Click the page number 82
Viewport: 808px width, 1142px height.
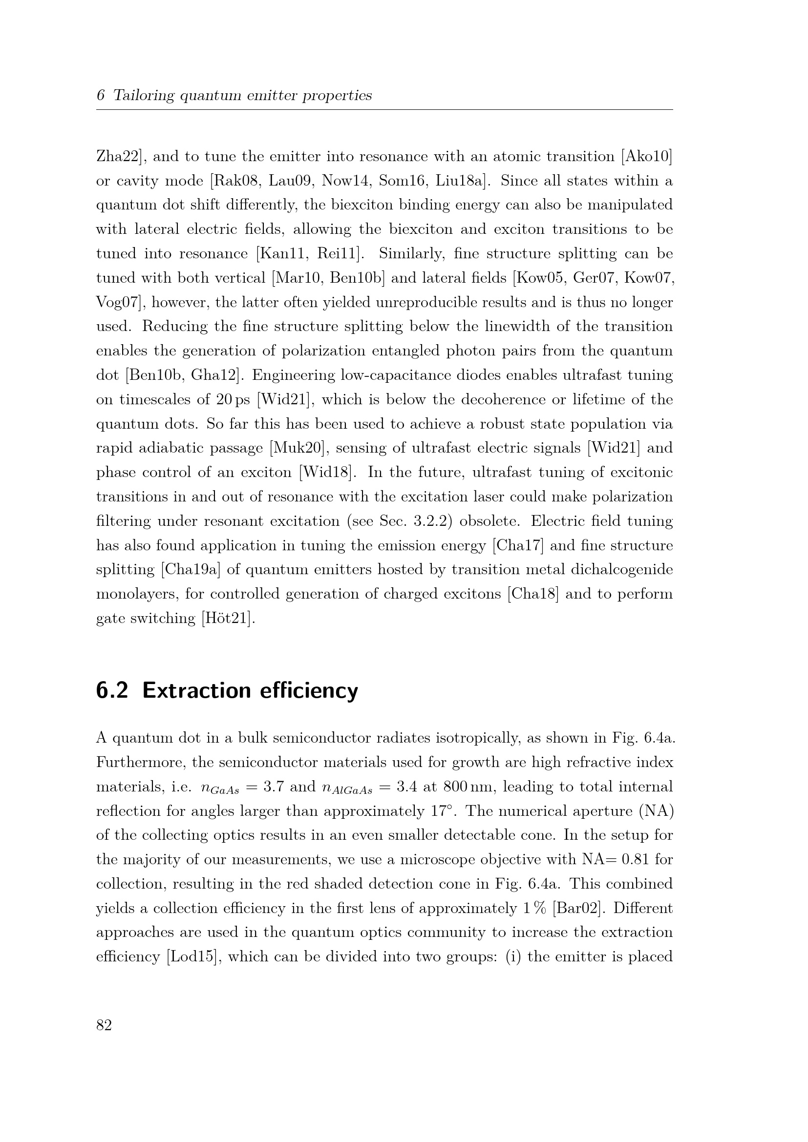[104, 1025]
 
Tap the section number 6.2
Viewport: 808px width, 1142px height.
[112, 691]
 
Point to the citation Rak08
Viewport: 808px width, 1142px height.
[236, 181]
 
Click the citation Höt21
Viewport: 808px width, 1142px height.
[227, 618]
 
